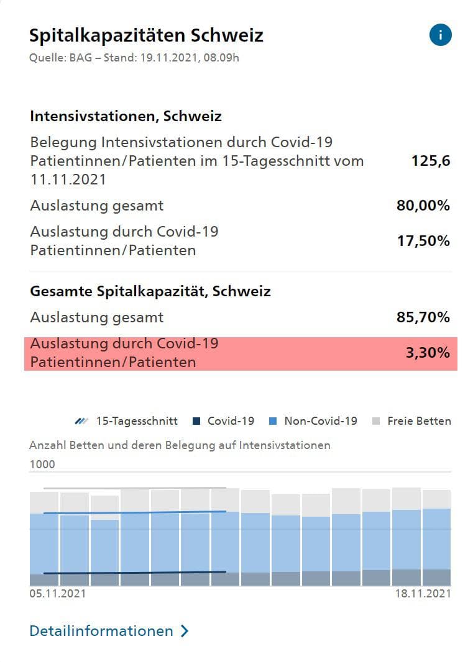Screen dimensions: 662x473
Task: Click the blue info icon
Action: (x=440, y=35)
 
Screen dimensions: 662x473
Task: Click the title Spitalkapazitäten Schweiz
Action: (x=146, y=35)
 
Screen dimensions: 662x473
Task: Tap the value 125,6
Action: (x=430, y=161)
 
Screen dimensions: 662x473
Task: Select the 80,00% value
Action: (x=423, y=206)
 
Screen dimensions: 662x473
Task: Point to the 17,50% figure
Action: (x=423, y=241)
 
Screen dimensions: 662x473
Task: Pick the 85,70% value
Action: (x=423, y=317)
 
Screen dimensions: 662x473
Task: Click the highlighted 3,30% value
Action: (x=428, y=353)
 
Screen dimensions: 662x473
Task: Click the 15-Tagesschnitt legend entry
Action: (x=127, y=421)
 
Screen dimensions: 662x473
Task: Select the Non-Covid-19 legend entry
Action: (x=313, y=421)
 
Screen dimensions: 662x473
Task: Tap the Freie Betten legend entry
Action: (x=411, y=421)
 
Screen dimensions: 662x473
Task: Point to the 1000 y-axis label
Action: (x=42, y=465)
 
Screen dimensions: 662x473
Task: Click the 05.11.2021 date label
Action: (x=58, y=594)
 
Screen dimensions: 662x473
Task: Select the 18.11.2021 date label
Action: (x=423, y=594)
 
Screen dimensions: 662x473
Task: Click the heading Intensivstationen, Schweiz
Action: (x=126, y=116)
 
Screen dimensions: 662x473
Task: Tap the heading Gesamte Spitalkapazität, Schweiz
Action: (x=150, y=291)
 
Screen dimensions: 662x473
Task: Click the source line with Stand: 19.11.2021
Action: (x=134, y=58)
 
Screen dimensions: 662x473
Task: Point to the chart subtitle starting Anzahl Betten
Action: (x=180, y=445)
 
